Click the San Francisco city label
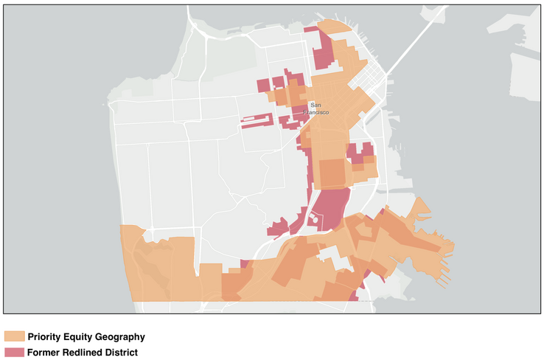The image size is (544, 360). coord(320,108)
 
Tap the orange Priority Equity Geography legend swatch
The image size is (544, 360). coord(14,336)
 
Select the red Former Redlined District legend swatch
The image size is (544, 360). coord(14,353)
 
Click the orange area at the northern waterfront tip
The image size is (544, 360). coord(335,26)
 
